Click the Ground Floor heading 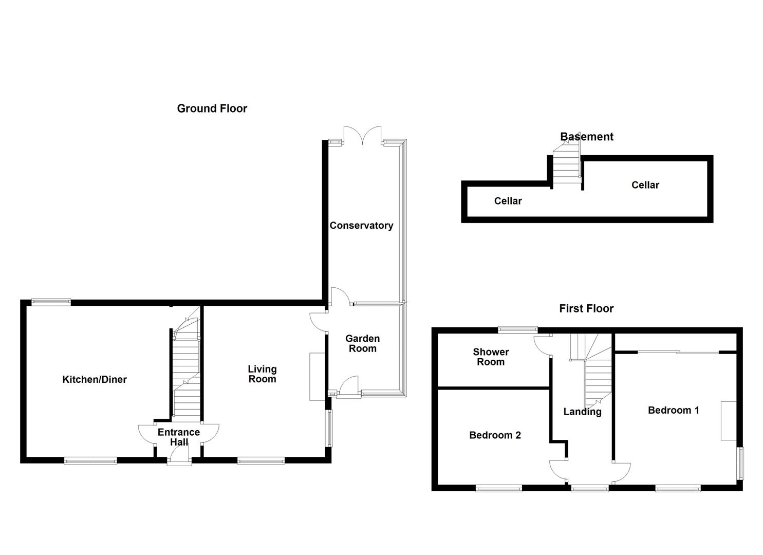212,108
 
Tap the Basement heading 586,137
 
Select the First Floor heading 586,308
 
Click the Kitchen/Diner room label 95,380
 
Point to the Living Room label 262,374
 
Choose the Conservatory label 361,226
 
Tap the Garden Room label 362,343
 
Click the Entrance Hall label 178,437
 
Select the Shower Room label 491,357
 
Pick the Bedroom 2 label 495,435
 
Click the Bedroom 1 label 673,410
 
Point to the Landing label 582,412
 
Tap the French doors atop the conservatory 363,135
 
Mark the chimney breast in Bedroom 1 729,420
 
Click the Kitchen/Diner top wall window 51,303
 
